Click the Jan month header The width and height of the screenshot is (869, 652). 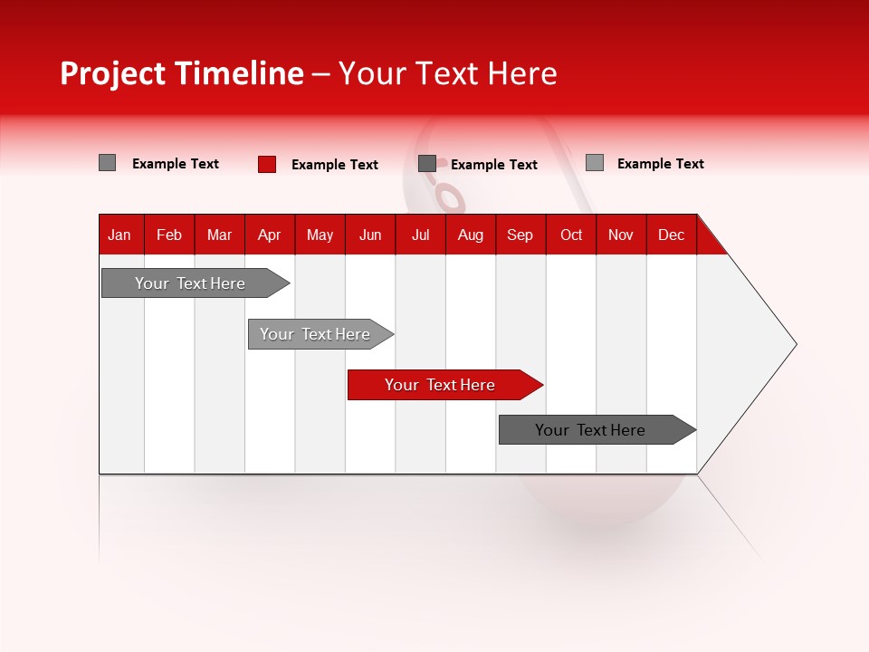[119, 235]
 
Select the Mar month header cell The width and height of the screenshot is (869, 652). [219, 235]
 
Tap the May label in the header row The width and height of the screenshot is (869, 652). [320, 235]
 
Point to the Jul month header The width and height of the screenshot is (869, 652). [420, 235]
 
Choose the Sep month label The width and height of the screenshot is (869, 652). [520, 235]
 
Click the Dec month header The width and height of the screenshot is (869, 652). [671, 235]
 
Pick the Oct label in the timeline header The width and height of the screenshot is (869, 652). [571, 235]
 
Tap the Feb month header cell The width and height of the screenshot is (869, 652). [169, 235]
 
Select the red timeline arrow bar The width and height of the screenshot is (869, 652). [439, 385]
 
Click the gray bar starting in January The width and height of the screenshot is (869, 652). [190, 283]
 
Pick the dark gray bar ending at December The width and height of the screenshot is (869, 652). [590, 430]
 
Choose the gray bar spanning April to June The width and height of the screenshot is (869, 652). [315, 334]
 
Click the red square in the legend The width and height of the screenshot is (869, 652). [267, 164]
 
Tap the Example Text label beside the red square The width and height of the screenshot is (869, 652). [334, 165]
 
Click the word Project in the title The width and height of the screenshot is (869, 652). [113, 74]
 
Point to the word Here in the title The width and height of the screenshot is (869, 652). [522, 74]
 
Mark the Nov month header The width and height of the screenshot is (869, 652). [621, 235]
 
